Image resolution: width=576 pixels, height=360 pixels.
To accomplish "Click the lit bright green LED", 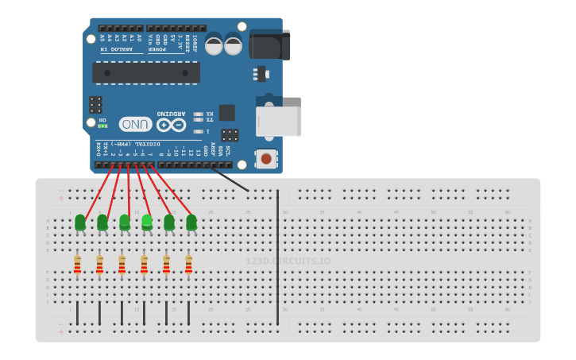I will coord(147,222).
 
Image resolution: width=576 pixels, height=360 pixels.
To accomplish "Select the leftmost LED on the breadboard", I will coord(80,223).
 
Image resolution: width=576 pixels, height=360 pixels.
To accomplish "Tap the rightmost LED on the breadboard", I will coord(191,223).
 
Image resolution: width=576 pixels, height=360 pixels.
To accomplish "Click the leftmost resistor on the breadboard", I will coord(77,265).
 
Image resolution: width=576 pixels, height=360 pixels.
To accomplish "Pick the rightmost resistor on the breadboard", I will coord(188,265).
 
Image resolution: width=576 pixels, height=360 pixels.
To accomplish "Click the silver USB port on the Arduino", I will coord(279,122).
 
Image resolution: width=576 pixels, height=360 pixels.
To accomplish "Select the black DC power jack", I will coord(270,45).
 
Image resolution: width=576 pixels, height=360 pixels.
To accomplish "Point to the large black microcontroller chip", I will coord(146,73).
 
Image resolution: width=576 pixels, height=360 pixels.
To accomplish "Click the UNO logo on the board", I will coord(136,124).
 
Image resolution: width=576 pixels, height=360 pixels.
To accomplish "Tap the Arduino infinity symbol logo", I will coord(171,125).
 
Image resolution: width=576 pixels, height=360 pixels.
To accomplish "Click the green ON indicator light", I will coord(102,126).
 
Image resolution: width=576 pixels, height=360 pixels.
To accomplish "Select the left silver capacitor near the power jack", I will coord(214,45).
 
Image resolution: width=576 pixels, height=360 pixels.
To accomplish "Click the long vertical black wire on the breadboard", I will coord(277,254).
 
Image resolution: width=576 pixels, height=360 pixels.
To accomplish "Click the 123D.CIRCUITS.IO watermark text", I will coord(288,261).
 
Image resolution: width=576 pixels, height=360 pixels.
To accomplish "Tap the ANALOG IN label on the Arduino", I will coord(116,49).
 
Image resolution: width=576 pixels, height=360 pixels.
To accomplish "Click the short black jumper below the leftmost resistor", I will coord(77,312).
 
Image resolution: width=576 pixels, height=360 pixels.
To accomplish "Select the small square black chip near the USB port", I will coord(227,112).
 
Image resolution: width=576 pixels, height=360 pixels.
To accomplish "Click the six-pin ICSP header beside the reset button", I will coord(230,135).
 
